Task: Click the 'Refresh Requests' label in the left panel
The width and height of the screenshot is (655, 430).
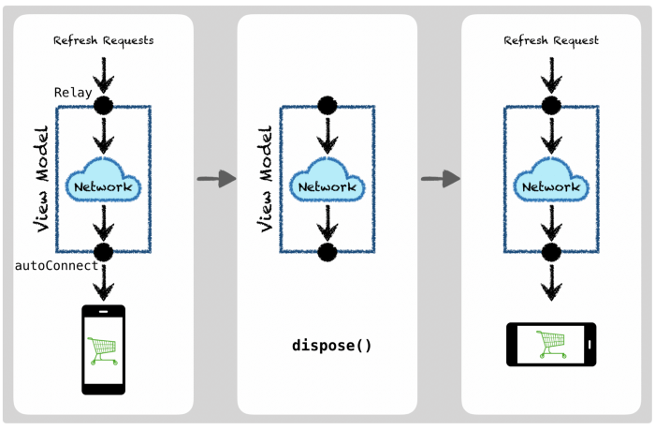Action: [104, 40]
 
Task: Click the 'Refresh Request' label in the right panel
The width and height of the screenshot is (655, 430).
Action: [551, 40]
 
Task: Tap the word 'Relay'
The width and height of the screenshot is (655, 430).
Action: [73, 92]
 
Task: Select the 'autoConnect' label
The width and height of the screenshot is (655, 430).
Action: [57, 266]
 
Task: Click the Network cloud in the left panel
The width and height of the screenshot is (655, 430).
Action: [104, 185]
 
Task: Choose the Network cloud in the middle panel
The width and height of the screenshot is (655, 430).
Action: [327, 185]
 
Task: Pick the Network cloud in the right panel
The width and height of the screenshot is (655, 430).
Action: [551, 185]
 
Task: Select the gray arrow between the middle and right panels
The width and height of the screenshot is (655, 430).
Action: [440, 178]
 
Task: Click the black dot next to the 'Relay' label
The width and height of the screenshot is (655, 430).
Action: [104, 106]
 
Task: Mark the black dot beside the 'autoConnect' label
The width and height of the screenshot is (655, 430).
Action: [104, 252]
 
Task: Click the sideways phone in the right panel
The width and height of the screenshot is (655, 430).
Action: [551, 344]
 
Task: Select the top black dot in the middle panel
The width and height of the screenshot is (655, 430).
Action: [327, 106]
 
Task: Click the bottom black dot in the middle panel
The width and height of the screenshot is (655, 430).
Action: [327, 252]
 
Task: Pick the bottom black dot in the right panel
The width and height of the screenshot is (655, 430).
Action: [551, 252]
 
